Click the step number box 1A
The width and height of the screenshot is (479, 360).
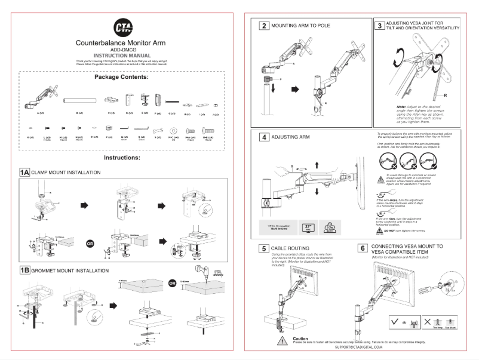click(23, 172)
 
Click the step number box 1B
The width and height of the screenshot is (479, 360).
click(23, 270)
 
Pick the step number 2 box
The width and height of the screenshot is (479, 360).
click(263, 26)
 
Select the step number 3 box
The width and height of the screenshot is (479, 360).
click(380, 26)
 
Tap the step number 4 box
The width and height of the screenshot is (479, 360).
click(263, 136)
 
